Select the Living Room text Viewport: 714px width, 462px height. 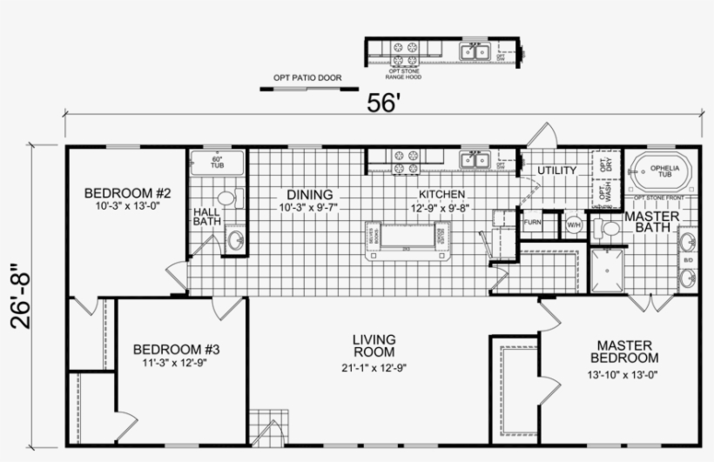(374, 345)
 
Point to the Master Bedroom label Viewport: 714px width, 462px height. (623, 352)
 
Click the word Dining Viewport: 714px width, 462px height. (306, 194)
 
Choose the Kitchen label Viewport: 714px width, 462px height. (441, 194)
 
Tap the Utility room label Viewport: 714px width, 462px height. (556, 171)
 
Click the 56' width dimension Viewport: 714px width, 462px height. (382, 103)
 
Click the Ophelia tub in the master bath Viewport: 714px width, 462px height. (664, 171)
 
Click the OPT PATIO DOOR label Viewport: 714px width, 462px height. (307, 78)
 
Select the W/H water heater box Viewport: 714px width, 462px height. (574, 224)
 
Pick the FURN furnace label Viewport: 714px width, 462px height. (532, 223)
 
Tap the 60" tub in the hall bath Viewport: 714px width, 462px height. (218, 163)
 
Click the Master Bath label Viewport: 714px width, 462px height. (645, 222)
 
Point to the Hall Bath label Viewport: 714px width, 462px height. (206, 217)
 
